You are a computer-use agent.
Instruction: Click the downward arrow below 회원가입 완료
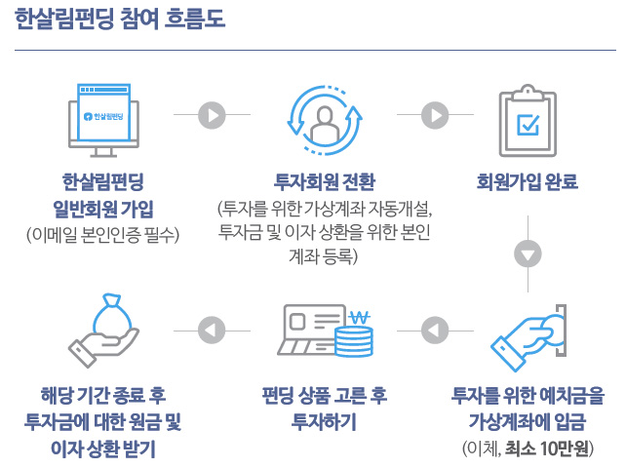pyautogui.click(x=528, y=253)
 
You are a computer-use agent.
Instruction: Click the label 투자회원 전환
pyautogui.click(x=324, y=182)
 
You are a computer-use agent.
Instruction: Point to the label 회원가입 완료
pyautogui.click(x=528, y=182)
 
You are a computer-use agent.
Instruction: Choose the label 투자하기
pyautogui.click(x=324, y=422)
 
